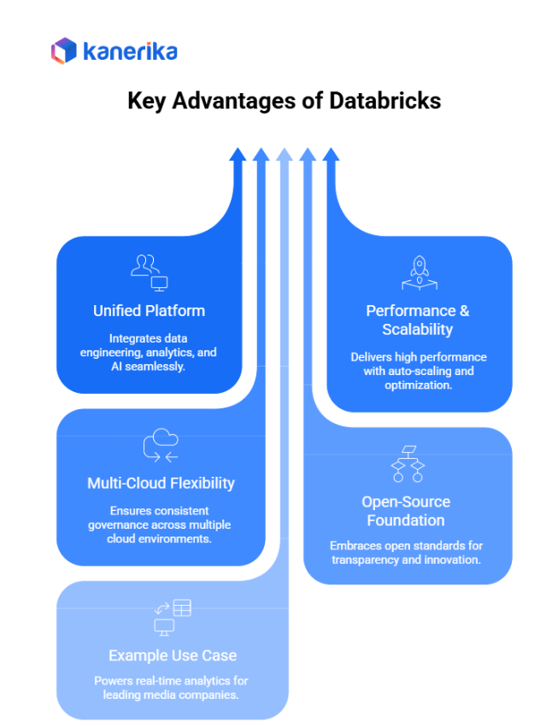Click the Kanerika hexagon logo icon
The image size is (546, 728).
64,51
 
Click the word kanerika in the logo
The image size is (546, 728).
130,51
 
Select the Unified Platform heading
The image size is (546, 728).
149,310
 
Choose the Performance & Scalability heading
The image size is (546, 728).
418,320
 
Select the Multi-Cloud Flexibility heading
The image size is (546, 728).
161,483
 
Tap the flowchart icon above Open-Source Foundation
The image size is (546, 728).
408,463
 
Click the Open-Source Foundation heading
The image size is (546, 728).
406,511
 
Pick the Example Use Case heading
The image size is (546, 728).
173,655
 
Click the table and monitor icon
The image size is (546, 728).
172,618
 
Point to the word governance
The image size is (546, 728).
118,525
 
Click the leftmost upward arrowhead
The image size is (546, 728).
238,155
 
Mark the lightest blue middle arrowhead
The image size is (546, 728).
285,155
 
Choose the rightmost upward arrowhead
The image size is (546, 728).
332,155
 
